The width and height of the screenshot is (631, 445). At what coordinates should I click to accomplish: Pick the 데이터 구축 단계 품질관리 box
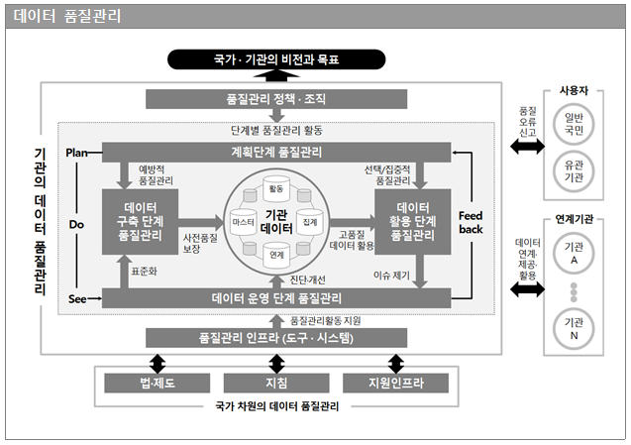[x=139, y=221]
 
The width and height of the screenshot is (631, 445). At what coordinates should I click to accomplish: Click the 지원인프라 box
[x=395, y=383]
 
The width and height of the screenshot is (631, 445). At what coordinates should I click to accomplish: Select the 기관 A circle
[x=575, y=251]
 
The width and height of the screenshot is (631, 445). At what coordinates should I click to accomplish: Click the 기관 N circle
[x=575, y=328]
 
